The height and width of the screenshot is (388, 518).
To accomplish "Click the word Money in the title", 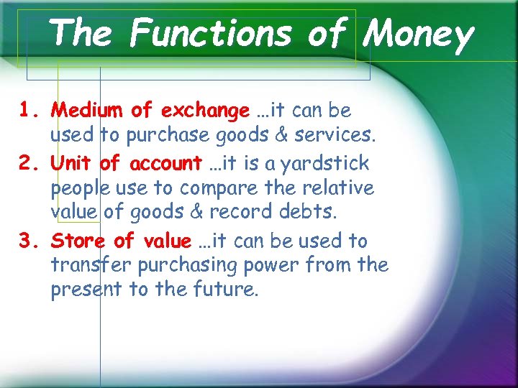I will tap(419, 34).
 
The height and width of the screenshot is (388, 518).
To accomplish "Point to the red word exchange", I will tap(205, 111).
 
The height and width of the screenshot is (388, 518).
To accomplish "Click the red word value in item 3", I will tap(166, 241).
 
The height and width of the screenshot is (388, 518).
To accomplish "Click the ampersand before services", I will tap(262, 134).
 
